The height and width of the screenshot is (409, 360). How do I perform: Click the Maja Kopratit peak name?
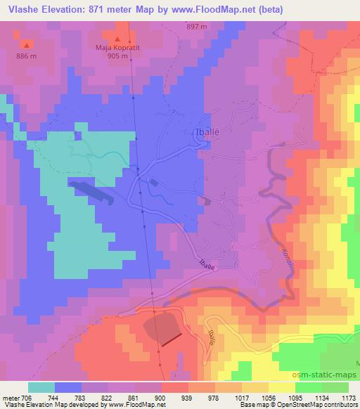(117, 48)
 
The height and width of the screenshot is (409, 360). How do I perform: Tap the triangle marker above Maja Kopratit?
(117, 39)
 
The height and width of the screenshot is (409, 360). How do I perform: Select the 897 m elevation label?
(198, 27)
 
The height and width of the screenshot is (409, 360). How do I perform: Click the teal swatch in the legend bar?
(41, 387)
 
